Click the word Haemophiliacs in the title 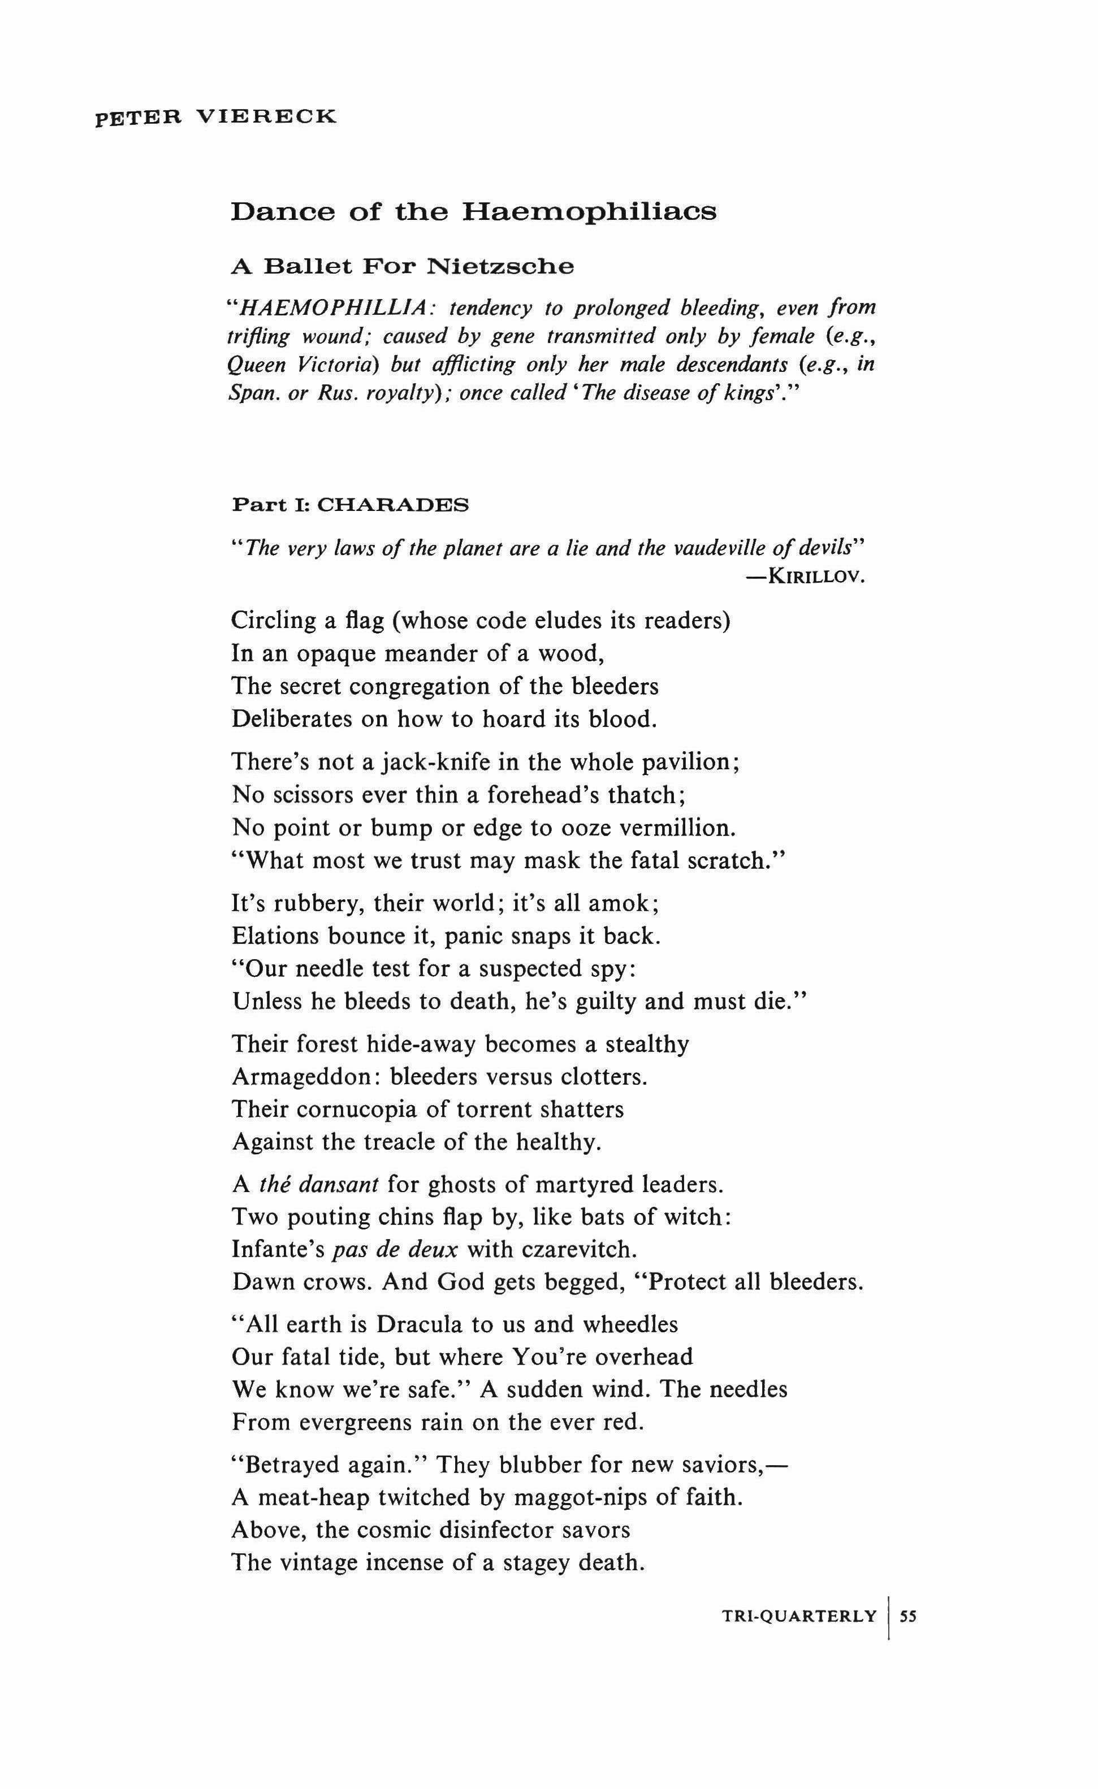pos(589,211)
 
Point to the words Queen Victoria pos(301,364)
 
